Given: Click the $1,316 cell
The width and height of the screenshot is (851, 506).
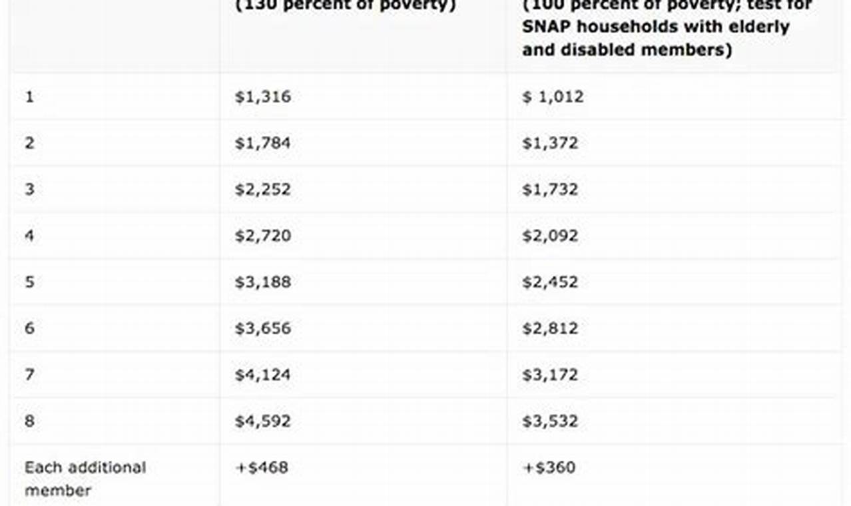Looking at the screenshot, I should click(262, 97).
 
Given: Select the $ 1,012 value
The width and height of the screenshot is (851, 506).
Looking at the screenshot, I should click(553, 97).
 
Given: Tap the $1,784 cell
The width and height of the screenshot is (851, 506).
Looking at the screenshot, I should click(262, 143).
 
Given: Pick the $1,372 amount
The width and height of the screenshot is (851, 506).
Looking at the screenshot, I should click(550, 143).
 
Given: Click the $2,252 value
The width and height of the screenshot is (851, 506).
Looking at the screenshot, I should click(262, 189).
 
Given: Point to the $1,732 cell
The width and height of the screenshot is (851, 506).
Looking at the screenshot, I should click(550, 189).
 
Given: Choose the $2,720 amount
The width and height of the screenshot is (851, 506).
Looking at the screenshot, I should click(262, 236).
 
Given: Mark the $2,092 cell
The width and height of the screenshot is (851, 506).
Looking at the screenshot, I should click(550, 236).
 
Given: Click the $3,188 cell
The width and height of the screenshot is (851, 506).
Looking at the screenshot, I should click(262, 282).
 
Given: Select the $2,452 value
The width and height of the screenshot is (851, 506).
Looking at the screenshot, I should click(550, 282).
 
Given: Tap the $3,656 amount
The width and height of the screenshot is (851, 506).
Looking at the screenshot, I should click(262, 328).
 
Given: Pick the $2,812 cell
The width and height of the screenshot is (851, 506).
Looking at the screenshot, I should click(550, 328).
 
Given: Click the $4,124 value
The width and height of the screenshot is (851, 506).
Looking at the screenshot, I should click(262, 375).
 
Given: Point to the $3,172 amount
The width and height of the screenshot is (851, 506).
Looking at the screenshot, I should click(550, 375).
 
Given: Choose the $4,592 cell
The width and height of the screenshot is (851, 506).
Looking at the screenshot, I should click(262, 421).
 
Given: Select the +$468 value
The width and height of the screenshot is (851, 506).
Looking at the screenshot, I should click(262, 467).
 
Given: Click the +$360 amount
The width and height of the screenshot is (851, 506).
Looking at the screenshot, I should click(549, 467).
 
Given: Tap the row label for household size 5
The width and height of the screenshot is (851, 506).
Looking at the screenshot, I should click(29, 282).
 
